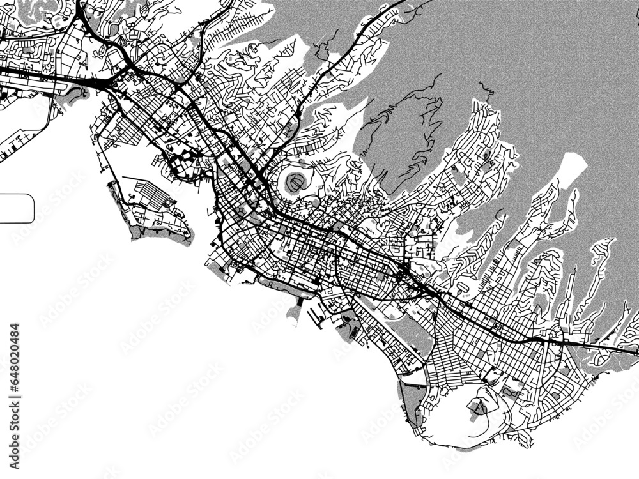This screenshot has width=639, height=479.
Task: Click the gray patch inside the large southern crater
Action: [x=478, y=407]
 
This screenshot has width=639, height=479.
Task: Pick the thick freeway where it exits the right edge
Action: [x=629, y=349]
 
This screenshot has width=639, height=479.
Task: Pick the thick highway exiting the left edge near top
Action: [x=10, y=71]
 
